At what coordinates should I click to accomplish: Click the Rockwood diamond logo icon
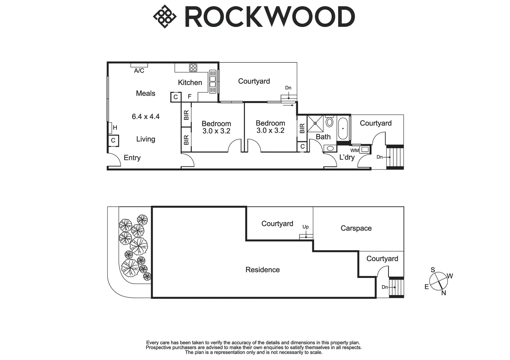click(x=165, y=16)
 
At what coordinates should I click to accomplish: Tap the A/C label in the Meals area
click(x=139, y=71)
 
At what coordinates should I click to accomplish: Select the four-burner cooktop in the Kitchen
click(x=193, y=68)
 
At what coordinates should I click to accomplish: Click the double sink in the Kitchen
click(x=212, y=81)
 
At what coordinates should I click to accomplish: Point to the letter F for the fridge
click(x=189, y=96)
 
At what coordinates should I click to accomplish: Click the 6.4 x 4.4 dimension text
click(x=146, y=117)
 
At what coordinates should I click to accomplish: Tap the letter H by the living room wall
click(x=115, y=128)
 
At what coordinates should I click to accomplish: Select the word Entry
click(x=132, y=158)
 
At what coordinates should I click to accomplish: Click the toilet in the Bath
click(x=329, y=121)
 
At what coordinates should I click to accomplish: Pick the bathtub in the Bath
click(x=343, y=129)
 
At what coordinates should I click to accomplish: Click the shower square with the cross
click(x=315, y=124)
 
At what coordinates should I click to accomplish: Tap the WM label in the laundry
click(x=355, y=150)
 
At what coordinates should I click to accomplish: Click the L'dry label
click(x=347, y=157)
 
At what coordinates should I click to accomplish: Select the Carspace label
click(x=356, y=228)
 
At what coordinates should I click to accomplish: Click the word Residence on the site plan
click(x=263, y=270)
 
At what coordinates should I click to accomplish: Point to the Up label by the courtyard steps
click(x=306, y=227)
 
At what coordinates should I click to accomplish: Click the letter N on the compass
click(x=444, y=293)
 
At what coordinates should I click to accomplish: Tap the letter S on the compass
click(x=433, y=270)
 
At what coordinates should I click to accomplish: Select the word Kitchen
click(x=190, y=83)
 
